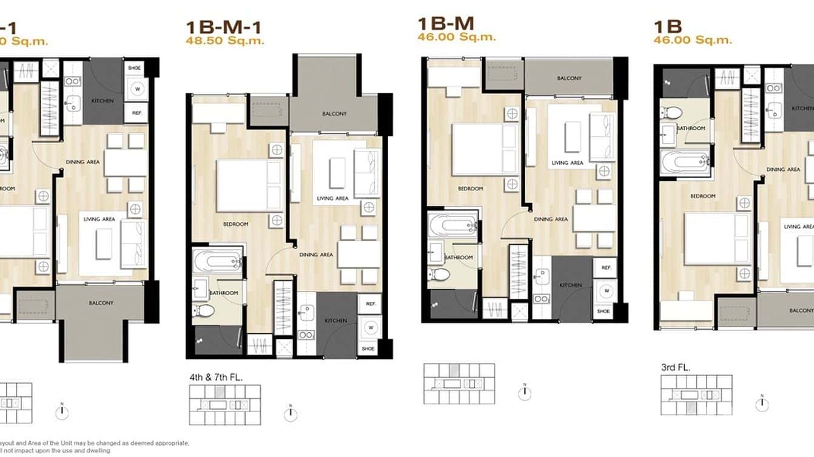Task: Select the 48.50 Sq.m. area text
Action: [225, 41]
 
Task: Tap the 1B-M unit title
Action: [446, 23]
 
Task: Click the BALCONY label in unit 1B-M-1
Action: [334, 114]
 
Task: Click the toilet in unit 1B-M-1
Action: [206, 311]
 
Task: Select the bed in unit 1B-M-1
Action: [249, 185]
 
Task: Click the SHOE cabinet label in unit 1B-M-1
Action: [369, 349]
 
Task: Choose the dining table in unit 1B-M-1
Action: [358, 255]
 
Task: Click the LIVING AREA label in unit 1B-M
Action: [568, 162]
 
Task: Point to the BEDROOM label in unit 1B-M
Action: [470, 188]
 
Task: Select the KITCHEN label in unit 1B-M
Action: [570, 285]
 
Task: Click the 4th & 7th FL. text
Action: [216, 377]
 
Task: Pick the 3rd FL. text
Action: [676, 367]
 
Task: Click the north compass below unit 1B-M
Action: [525, 393]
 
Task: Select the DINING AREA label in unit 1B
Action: [783, 170]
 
